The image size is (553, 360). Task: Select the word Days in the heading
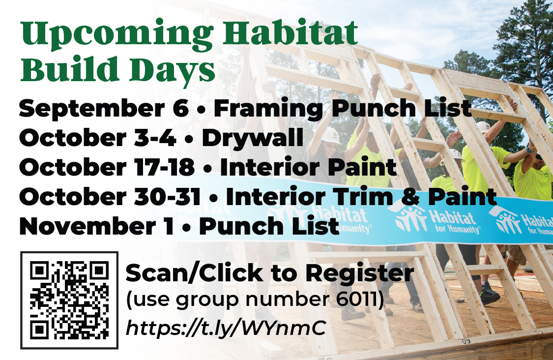[172, 70]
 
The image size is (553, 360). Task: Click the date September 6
[104, 108]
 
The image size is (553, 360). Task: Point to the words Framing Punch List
[343, 108]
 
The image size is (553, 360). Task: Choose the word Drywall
[253, 138]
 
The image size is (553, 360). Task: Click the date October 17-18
[107, 167]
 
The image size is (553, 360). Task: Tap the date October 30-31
[110, 197]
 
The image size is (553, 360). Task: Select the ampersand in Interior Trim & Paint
[410, 197]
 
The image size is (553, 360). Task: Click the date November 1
[97, 226]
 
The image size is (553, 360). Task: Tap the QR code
[69, 300]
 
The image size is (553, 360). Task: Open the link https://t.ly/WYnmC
[226, 329]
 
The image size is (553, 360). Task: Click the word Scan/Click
[194, 273]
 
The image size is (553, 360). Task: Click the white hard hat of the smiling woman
[331, 135]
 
